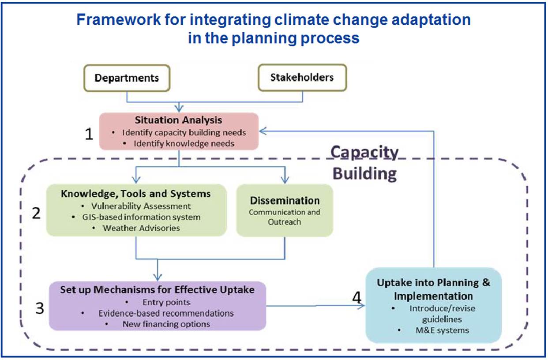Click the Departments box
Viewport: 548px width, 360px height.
(x=127, y=78)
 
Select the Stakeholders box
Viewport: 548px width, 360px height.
(x=302, y=78)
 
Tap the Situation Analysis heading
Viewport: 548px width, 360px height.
(x=178, y=120)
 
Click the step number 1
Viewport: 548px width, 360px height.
(x=89, y=134)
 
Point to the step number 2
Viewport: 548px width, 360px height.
(x=36, y=213)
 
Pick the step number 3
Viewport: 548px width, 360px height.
(x=40, y=308)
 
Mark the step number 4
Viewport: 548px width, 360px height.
(x=357, y=298)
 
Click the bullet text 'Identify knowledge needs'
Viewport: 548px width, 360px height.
(x=184, y=143)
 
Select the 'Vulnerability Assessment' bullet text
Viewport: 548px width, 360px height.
(x=141, y=206)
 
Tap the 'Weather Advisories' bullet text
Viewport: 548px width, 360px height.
(x=141, y=228)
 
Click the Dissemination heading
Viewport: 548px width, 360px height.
(x=285, y=201)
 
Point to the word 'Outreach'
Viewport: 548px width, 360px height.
(x=284, y=222)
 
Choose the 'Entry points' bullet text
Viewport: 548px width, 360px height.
(x=166, y=302)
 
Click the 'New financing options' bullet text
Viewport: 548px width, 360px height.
(x=166, y=324)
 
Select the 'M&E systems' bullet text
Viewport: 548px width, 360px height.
(x=442, y=330)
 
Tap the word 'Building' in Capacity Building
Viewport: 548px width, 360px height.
(x=364, y=174)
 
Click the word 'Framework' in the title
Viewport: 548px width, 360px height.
(x=118, y=19)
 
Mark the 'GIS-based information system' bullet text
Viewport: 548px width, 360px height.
(x=141, y=217)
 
